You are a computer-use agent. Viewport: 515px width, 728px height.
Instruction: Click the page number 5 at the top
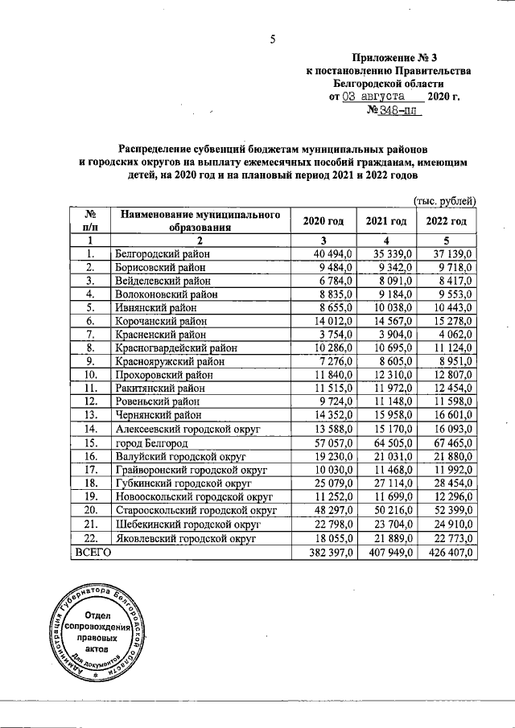(x=272, y=39)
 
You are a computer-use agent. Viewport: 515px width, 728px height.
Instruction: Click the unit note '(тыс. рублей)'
(x=444, y=201)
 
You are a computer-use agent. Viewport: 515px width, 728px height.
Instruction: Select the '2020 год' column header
(x=323, y=221)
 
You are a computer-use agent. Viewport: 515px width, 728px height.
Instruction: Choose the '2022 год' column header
(x=447, y=221)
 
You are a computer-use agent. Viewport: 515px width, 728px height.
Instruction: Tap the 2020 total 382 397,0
(x=323, y=553)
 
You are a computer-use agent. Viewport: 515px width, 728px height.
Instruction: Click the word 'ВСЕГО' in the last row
(x=93, y=553)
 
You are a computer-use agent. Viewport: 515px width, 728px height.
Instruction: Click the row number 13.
(x=92, y=417)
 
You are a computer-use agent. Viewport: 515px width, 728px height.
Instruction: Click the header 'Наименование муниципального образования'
(x=200, y=221)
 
